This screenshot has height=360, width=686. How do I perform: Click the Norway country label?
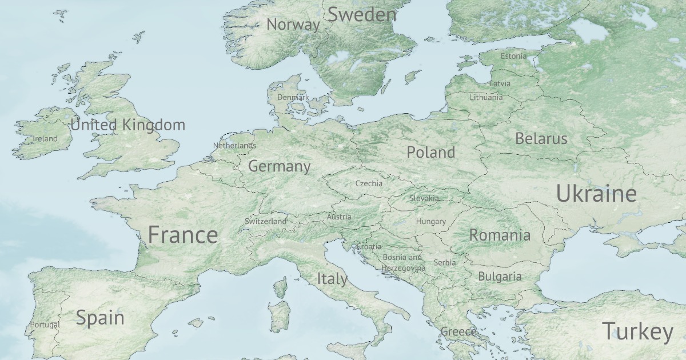coord(293,25)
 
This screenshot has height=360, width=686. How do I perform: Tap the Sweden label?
coord(361,15)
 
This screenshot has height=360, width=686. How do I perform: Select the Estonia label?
coord(513,56)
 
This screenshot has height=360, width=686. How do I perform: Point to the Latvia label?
coord(500,83)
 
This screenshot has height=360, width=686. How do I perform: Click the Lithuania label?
coord(486,97)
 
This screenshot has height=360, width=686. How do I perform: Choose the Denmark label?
coord(293,97)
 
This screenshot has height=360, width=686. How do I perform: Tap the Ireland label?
coord(45,138)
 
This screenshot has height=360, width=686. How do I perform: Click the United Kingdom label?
coord(127,125)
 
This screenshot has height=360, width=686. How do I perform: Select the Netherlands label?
coord(234,146)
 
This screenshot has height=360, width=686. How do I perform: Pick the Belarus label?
coord(541,138)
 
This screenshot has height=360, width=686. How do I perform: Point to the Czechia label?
coord(369,183)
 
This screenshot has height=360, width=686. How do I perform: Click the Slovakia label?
coord(424,198)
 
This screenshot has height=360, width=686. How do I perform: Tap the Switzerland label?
coord(265,221)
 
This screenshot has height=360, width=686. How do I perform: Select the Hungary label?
coord(431,221)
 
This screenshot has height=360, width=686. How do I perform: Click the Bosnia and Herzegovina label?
coord(404,262)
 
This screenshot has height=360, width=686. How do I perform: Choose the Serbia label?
coord(445,262)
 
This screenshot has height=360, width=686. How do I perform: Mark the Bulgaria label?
coord(500,277)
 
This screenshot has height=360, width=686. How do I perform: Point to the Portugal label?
coord(45,325)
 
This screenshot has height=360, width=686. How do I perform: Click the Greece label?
coord(458,331)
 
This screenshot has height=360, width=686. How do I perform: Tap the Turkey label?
coord(637,331)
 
